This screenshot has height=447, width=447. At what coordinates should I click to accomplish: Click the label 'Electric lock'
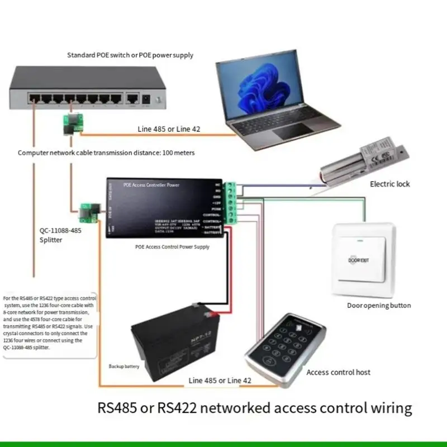(389, 184)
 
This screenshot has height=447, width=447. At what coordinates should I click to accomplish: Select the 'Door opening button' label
(379, 306)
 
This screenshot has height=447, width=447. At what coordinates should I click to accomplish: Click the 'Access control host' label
(338, 372)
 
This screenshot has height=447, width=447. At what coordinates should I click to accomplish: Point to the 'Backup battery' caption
(123, 367)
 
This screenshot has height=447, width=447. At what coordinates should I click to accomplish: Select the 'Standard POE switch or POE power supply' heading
(130, 55)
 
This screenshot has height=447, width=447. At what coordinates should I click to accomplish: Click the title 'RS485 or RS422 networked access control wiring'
(255, 407)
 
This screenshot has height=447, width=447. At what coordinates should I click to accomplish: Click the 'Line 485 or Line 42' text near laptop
(169, 129)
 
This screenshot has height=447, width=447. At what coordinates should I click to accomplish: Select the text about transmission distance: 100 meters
(106, 152)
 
